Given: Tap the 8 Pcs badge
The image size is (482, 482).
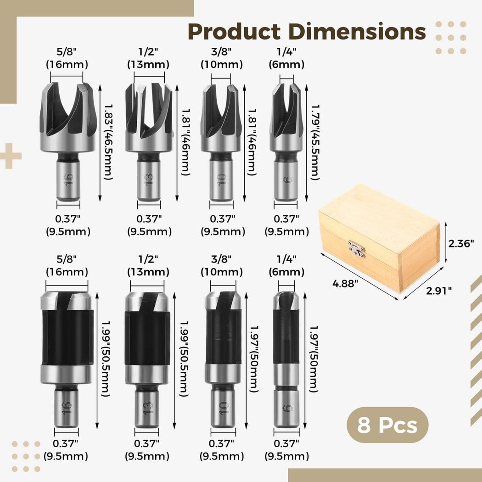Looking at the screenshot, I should pos(387,425).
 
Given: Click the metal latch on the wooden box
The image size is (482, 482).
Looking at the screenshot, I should pos(357,248).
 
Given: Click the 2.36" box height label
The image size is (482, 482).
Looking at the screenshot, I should pos(461,243).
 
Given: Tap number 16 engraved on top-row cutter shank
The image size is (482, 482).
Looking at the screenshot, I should pos(68,178).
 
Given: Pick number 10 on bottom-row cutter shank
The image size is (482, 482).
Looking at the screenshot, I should pos(223,408).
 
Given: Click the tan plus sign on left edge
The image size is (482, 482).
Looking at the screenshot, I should pos(10,156).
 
